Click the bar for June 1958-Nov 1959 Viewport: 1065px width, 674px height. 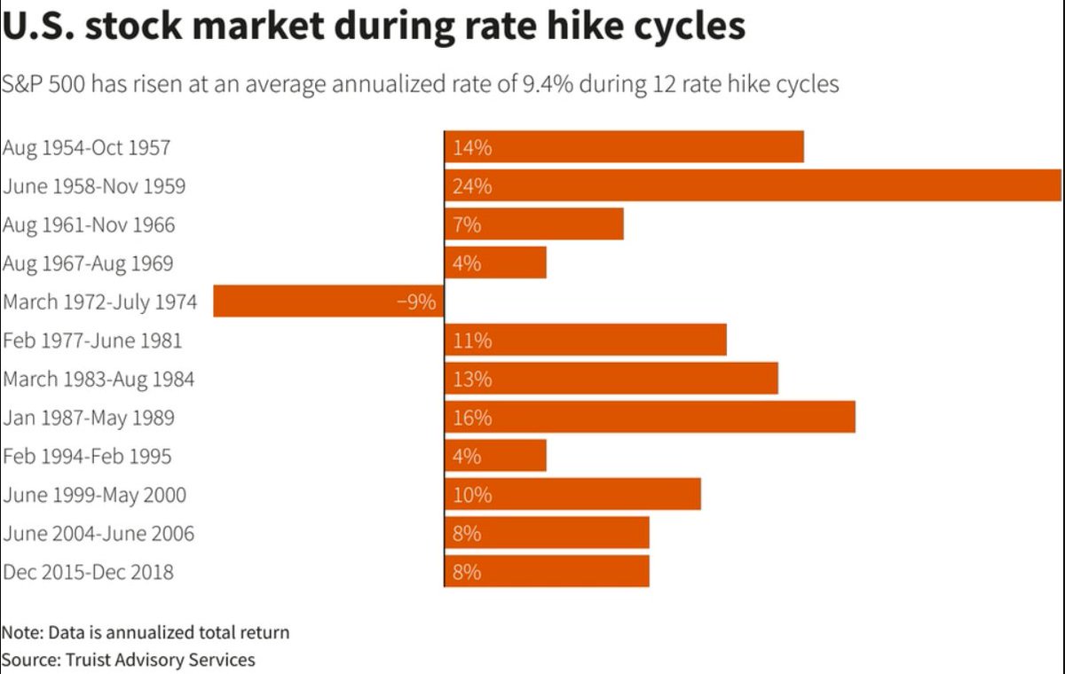pyautogui.click(x=753, y=186)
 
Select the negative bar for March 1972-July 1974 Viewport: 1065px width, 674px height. pyautogui.click(x=328, y=302)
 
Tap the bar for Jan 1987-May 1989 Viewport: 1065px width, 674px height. pyautogui.click(x=650, y=417)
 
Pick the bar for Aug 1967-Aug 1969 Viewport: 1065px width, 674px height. pyautogui.click(x=495, y=263)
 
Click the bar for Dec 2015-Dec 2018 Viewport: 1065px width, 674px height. pyautogui.click(x=547, y=571)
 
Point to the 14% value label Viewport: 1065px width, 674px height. pyautogui.click(x=472, y=148)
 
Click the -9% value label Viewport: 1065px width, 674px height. pyautogui.click(x=416, y=302)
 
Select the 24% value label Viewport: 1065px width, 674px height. pyautogui.click(x=472, y=187)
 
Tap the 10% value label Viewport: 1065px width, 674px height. pyautogui.click(x=472, y=495)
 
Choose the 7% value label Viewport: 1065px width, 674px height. pyautogui.click(x=467, y=225)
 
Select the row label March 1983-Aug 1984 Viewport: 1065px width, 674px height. pyautogui.click(x=99, y=380)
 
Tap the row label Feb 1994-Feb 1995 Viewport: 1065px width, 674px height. pyautogui.click(x=87, y=457)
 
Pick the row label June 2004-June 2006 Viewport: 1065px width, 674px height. pyautogui.click(x=99, y=534)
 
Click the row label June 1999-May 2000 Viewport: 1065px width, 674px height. pyautogui.click(x=95, y=495)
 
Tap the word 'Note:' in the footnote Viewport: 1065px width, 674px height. pyautogui.click(x=22, y=633)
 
